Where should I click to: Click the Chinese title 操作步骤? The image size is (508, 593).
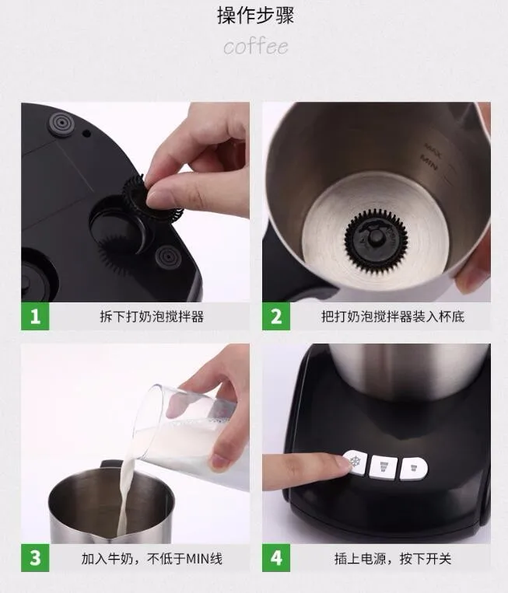tap(255, 16)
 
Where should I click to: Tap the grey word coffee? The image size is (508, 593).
tap(255, 47)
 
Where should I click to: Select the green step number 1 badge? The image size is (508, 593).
tap(33, 317)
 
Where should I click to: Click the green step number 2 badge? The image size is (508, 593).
tap(275, 317)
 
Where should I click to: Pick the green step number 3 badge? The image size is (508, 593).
tap(33, 558)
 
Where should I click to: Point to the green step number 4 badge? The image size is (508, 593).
tap(275, 558)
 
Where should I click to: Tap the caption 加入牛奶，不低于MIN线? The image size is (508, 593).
tap(152, 558)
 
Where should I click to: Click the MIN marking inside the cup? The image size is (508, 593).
tap(430, 161)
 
